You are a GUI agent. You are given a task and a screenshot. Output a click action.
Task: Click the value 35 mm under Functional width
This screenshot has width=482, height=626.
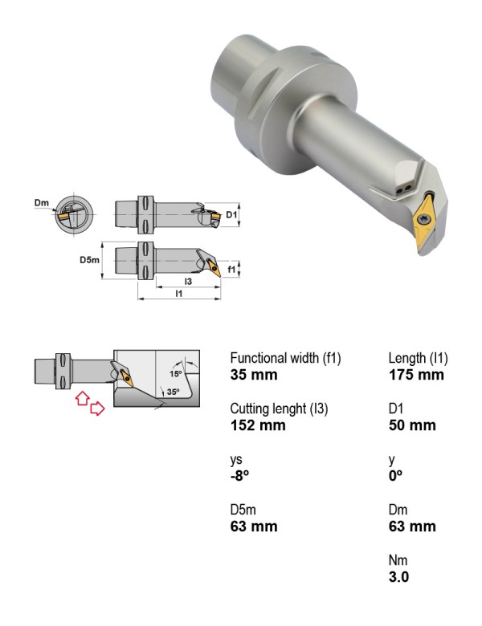point(253,375)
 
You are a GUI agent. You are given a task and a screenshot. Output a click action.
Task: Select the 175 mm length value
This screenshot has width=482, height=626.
point(416,375)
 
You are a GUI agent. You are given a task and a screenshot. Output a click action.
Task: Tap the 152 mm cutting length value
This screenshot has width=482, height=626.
point(258,425)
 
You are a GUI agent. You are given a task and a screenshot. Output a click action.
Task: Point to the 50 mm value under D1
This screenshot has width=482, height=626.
point(412,425)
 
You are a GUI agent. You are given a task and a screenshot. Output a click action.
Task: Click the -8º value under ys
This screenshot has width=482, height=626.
point(239,476)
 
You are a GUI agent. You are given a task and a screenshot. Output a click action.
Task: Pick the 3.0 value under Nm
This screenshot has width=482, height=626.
point(398,577)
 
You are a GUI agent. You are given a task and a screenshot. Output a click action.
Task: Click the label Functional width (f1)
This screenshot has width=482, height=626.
point(285,358)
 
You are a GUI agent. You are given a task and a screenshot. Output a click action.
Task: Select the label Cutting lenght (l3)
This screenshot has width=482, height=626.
point(279,409)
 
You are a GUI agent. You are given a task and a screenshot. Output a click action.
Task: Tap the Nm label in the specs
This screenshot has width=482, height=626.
point(398,560)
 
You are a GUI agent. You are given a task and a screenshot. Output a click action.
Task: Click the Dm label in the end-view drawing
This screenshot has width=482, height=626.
point(41,203)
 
